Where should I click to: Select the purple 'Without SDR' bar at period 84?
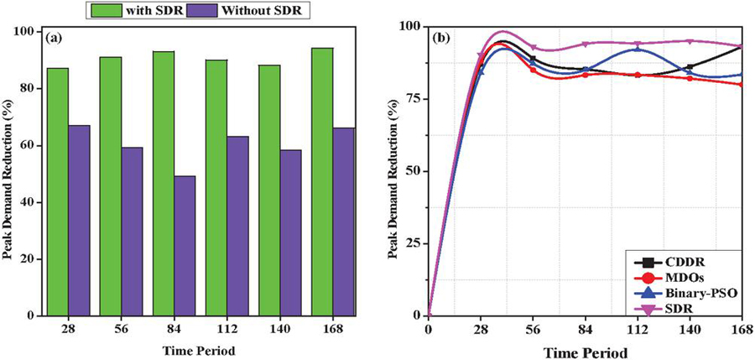click(x=184, y=245)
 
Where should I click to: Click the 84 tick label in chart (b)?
click(x=585, y=328)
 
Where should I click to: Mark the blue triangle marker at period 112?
click(x=638, y=49)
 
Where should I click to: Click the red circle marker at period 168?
click(x=741, y=84)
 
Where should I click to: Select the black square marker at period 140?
click(x=690, y=66)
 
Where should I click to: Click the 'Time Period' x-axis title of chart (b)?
click(x=586, y=350)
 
